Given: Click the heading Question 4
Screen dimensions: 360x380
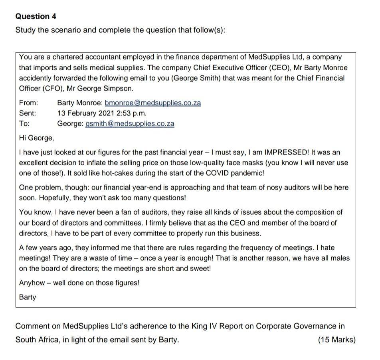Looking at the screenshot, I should click(x=36, y=16).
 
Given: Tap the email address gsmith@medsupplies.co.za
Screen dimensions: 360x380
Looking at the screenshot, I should click(x=130, y=123).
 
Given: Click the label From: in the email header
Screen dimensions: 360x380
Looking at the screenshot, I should click(x=29, y=103).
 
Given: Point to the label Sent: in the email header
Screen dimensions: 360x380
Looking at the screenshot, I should click(x=28, y=113).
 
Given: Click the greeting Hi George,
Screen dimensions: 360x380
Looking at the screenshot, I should click(x=36, y=138).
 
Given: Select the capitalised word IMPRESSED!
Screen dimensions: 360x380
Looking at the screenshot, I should click(x=285, y=152).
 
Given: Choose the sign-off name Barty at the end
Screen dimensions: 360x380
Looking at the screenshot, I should click(x=28, y=297).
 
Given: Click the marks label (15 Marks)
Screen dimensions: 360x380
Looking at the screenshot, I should click(x=336, y=340).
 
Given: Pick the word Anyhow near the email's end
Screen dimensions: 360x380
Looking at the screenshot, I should click(x=32, y=283).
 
